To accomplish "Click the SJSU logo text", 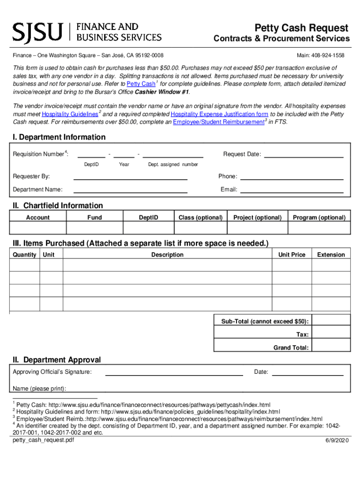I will [x=37, y=32].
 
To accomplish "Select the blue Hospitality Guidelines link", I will [x=70, y=114].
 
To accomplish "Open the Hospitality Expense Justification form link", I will [x=219, y=114].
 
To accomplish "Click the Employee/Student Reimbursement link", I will [x=218, y=122].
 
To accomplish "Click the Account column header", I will [x=38, y=218].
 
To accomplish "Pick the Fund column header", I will [x=94, y=218].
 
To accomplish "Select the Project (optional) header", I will [x=257, y=218].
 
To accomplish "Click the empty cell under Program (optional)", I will [x=319, y=228].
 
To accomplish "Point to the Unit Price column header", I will [x=292, y=255].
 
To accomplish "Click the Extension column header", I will [x=331, y=255].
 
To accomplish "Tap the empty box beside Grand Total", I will [x=331, y=346].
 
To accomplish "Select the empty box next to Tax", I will [x=331, y=334].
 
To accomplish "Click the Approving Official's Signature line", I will [x=174, y=372].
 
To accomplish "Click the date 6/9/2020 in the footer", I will [x=337, y=442].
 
